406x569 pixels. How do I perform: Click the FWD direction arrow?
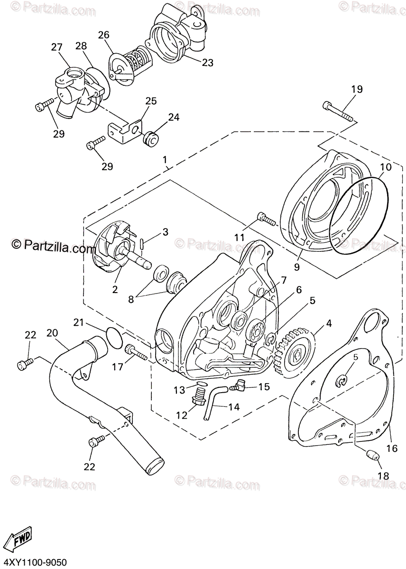21,539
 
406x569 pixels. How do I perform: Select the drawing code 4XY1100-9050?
33,563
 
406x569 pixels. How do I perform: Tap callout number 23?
207,62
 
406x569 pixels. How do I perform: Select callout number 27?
56,47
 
